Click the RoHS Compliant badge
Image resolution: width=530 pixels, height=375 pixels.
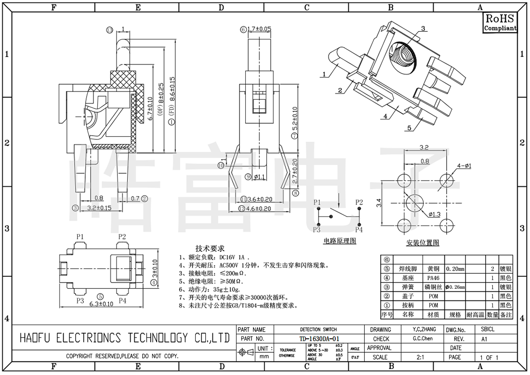coord(500,23)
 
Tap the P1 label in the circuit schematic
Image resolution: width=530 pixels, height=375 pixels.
coord(317,202)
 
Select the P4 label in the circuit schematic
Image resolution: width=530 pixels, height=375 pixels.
coord(359,229)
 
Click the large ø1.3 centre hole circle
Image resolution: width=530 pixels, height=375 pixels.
coord(413,203)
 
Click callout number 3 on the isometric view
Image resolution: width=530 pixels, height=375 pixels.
coord(423,29)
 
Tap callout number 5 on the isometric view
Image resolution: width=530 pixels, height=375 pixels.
coord(409,128)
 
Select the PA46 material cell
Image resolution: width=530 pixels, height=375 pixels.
coord(433,278)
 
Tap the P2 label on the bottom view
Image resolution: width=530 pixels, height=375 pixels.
coord(122,236)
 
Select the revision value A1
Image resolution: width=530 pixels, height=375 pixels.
coord(484,338)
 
